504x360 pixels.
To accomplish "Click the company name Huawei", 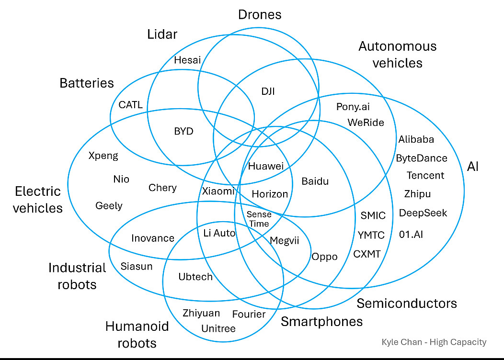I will pos(266,167).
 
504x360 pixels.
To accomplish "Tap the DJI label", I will pos(268,91).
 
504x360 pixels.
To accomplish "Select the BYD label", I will pos(183,131).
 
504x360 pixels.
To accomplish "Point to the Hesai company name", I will pos(187,60).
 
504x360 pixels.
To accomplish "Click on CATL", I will pos(131,105).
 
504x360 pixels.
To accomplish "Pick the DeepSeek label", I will pos(423,213).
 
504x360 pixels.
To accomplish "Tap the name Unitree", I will pos(218,328).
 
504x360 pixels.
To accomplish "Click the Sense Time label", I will pos(259,219).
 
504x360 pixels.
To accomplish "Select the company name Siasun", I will pos(137,266).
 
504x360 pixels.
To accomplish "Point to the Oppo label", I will pos(324,257).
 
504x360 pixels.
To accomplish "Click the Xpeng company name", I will pos(103,156).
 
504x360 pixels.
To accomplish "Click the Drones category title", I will pos(260,14).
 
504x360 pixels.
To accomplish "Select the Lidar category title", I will pos(162,34).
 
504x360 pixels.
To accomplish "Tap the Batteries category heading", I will pos(87,83).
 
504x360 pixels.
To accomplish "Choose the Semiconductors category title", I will pos(407,303).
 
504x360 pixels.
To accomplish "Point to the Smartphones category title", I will pos(321,321).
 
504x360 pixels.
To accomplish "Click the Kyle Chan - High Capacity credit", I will pos(434,342).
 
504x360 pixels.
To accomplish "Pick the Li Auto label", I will pos(219,233).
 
